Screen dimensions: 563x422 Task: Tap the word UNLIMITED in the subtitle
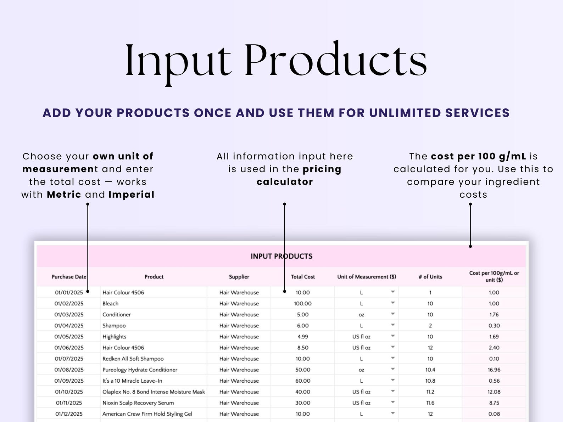pyautogui.click(x=405, y=113)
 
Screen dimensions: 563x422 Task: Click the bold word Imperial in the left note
pyautogui.click(x=131, y=195)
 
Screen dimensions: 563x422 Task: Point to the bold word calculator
pyautogui.click(x=285, y=182)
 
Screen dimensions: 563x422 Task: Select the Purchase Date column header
pyautogui.click(x=69, y=277)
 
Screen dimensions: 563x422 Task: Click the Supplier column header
pyautogui.click(x=239, y=277)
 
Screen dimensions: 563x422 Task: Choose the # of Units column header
pyautogui.click(x=430, y=277)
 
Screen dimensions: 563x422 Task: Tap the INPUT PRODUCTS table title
pyautogui.click(x=281, y=256)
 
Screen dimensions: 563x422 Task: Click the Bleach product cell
pyautogui.click(x=111, y=303)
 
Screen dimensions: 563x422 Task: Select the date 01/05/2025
pyautogui.click(x=69, y=337)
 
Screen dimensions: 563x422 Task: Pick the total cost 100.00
pyautogui.click(x=303, y=303)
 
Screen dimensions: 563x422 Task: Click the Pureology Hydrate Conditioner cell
pyautogui.click(x=140, y=370)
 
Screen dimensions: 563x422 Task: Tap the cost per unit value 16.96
pyautogui.click(x=494, y=370)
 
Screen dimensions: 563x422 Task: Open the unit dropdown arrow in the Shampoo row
pyautogui.click(x=393, y=325)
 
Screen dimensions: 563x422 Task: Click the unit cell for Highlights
pyautogui.click(x=361, y=337)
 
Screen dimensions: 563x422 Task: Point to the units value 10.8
pyautogui.click(x=430, y=381)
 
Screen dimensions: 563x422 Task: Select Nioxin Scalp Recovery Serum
pyautogui.click(x=138, y=403)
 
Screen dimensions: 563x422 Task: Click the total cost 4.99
pyautogui.click(x=303, y=337)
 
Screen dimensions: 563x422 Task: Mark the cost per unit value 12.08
pyautogui.click(x=494, y=392)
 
